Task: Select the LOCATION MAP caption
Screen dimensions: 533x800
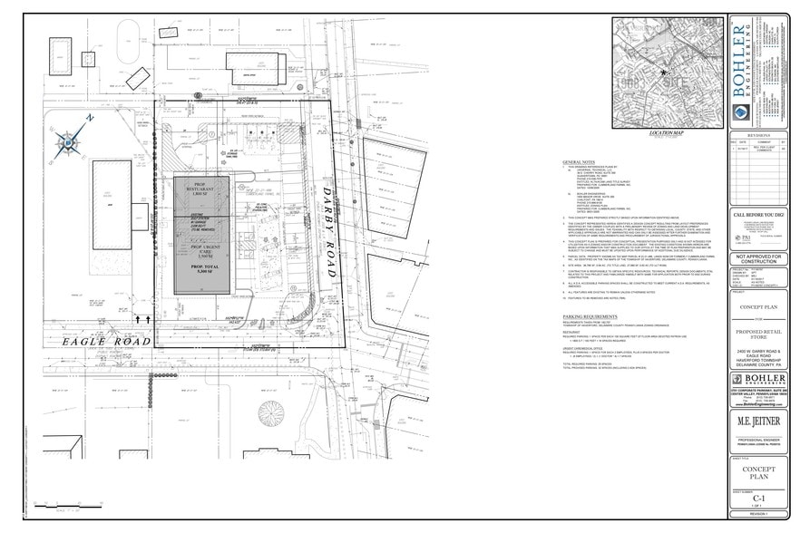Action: [665, 133]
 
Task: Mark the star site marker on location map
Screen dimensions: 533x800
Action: [665, 73]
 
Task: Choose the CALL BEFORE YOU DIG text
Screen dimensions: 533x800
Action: [759, 214]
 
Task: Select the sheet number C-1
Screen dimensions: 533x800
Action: [759, 497]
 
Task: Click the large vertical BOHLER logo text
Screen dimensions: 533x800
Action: [737, 67]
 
